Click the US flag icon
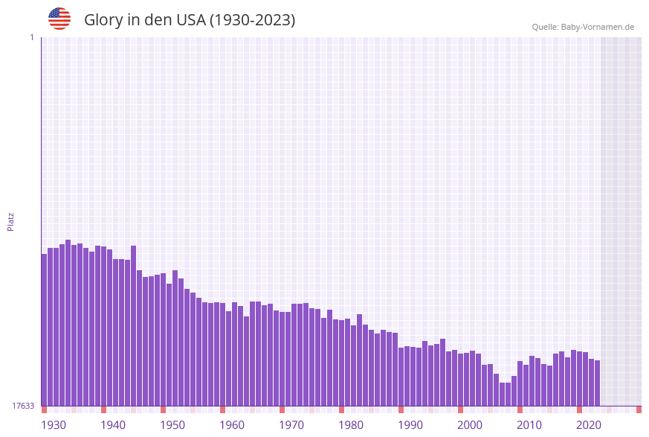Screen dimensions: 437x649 [x=59, y=19]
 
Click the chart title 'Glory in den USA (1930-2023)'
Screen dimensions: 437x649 [x=190, y=20]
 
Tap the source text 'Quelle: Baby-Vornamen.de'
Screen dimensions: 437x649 [x=583, y=27]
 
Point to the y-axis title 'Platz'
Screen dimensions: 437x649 [x=10, y=221]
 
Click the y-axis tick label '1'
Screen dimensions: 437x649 [x=31, y=37]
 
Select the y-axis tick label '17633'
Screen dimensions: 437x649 [x=23, y=406]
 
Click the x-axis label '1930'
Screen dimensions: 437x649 [x=54, y=425]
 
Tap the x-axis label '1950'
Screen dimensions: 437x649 [x=172, y=425]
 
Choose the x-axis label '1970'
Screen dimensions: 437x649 [x=291, y=425]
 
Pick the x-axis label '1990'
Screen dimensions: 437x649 [x=410, y=425]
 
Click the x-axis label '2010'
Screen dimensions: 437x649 [x=529, y=425]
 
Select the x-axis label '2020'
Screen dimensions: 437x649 [x=589, y=425]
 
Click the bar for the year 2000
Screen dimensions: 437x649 [x=460, y=380]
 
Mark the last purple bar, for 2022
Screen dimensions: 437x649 [x=597, y=383]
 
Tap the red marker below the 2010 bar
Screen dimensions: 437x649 [x=520, y=409]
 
